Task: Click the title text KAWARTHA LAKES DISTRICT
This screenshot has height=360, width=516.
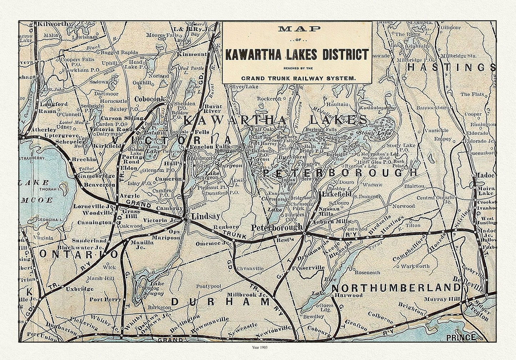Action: (297, 55)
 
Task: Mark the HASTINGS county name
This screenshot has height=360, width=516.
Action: (451, 67)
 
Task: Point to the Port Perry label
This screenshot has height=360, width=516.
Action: (105, 299)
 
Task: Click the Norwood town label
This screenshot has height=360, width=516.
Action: (404, 206)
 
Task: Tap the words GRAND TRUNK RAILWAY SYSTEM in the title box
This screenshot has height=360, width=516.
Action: (297, 78)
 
